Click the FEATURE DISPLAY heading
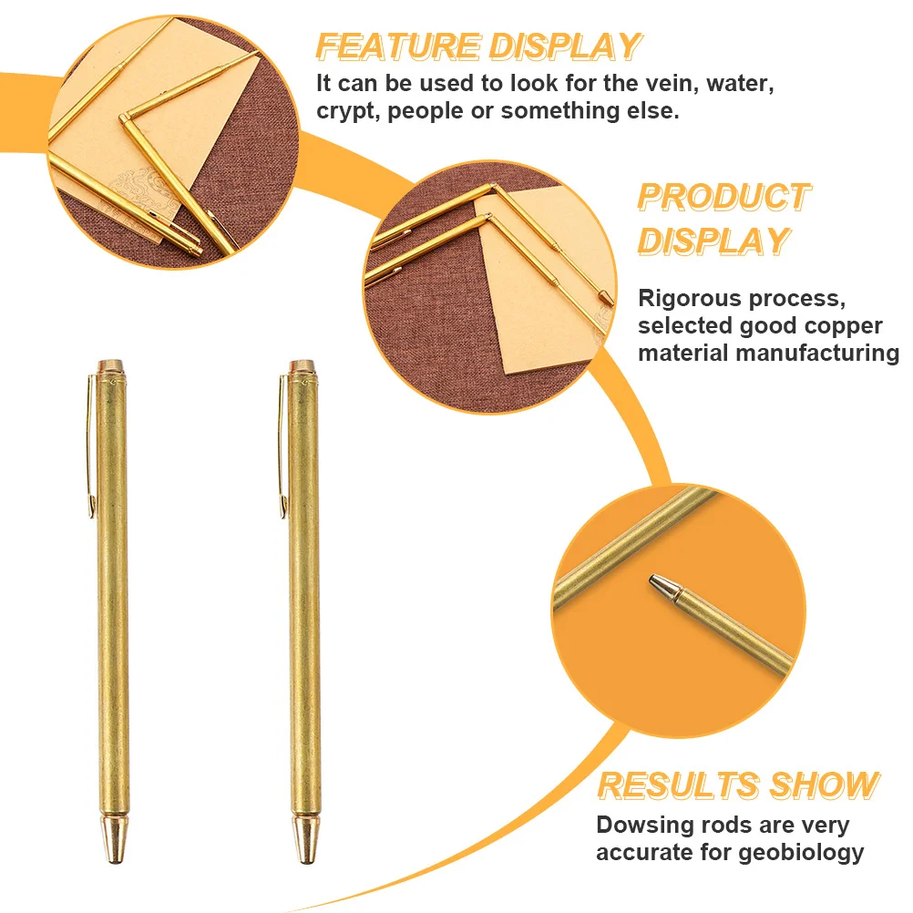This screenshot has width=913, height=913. point(478,46)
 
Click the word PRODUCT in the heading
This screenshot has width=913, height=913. point(723,196)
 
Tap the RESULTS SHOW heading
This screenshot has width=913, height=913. point(738,785)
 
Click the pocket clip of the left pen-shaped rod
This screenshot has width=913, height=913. point(91,446)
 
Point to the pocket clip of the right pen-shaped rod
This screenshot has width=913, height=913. point(282,446)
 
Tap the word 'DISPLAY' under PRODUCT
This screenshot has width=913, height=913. point(712,241)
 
